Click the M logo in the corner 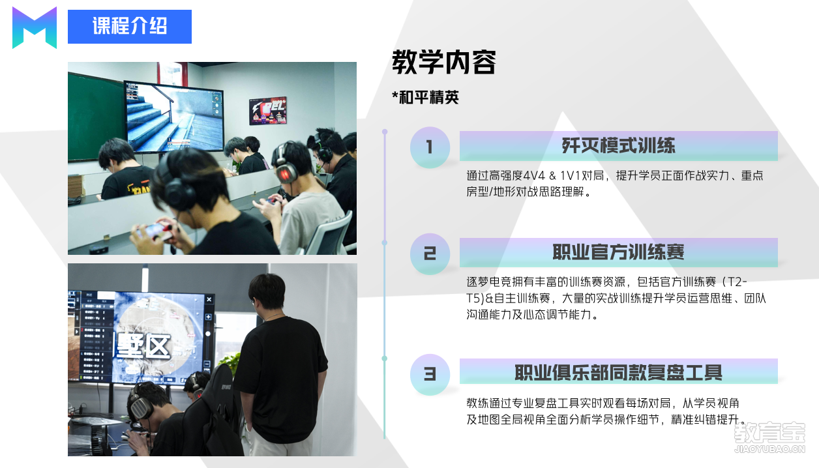pyautogui.click(x=35, y=28)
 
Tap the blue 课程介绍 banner pyautogui.click(x=129, y=27)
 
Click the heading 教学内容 pyautogui.click(x=444, y=62)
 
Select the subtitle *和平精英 pyautogui.click(x=425, y=97)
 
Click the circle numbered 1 pyautogui.click(x=430, y=147)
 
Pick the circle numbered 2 pyautogui.click(x=430, y=254)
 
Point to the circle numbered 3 pyautogui.click(x=430, y=375)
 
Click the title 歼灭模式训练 pyautogui.click(x=618, y=146)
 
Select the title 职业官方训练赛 pyautogui.click(x=618, y=252)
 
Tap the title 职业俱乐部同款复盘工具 pyautogui.click(x=618, y=373)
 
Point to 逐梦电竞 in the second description pyautogui.click(x=489, y=282)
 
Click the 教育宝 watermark pyautogui.click(x=770, y=437)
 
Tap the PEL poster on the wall pyautogui.click(x=268, y=111)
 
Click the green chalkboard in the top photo pyautogui.click(x=96, y=117)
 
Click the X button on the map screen pyautogui.click(x=209, y=300)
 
